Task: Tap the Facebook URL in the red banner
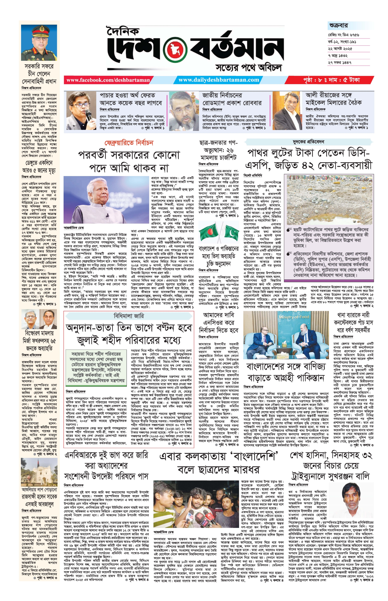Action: point(108,80)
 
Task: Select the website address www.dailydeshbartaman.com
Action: point(219,80)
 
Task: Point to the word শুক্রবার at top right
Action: point(338,26)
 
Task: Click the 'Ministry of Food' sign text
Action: point(294,317)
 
